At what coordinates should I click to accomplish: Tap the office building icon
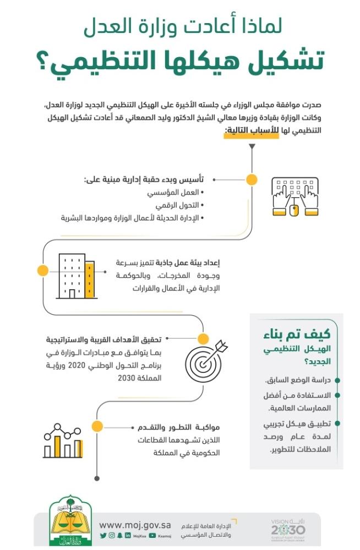tap(75, 276)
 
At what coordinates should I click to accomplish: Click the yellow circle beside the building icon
tap(42, 270)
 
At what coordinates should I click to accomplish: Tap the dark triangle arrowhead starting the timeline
tap(252, 147)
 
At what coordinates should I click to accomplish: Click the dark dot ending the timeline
tap(97, 478)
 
